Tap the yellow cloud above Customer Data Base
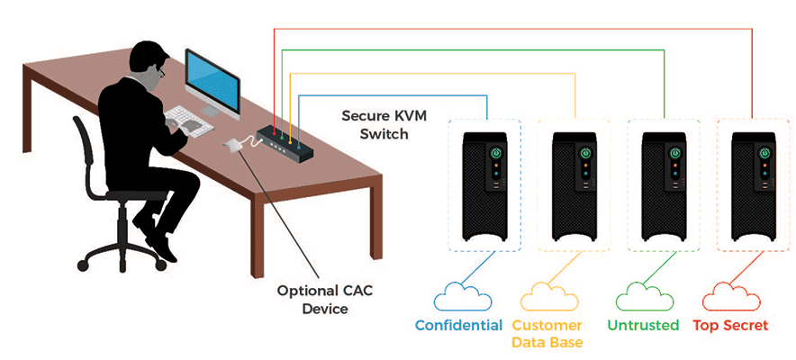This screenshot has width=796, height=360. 546,299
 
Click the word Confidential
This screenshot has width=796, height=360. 458,326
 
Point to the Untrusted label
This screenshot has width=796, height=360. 643,326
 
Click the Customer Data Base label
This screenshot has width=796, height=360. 547,333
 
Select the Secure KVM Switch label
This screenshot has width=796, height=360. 375,125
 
